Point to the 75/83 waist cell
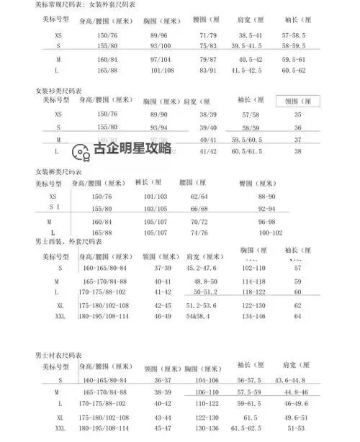pyautogui.click(x=207, y=45)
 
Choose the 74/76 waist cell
pyautogui.click(x=199, y=233)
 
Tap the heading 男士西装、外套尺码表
pyautogui.click(x=73, y=242)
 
